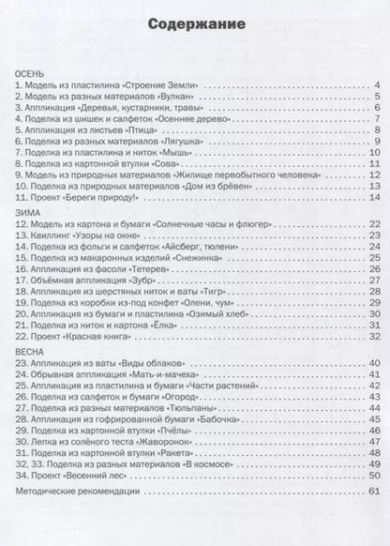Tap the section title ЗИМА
(22, 212)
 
